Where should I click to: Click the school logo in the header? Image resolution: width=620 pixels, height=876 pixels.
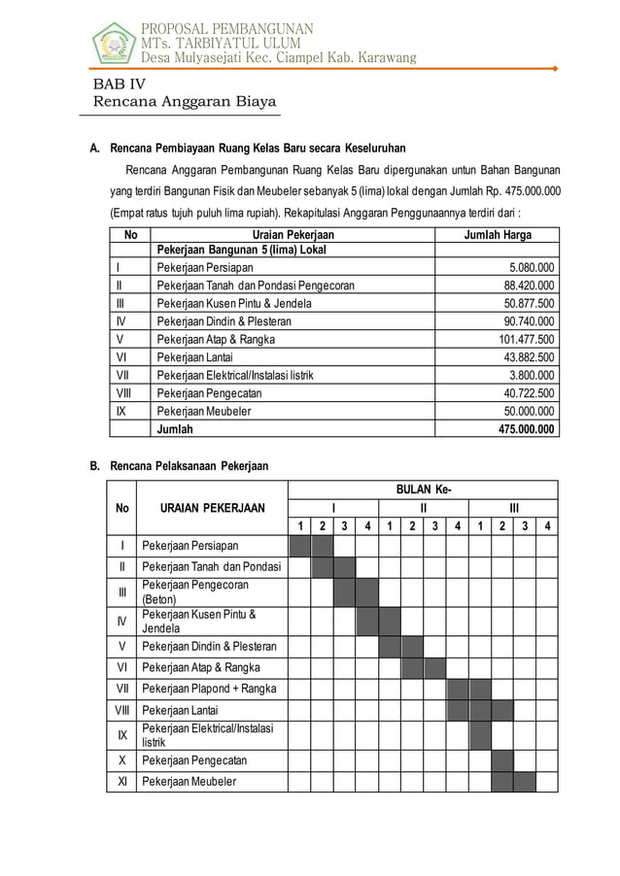coord(114,43)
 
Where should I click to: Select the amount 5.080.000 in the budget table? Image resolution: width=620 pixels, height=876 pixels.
coord(532,268)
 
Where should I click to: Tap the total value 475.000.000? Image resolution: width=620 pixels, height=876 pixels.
coord(526,428)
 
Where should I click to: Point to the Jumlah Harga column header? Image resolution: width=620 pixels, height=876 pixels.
coord(497,235)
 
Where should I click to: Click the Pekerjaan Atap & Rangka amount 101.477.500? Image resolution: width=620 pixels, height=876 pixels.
coord(526,340)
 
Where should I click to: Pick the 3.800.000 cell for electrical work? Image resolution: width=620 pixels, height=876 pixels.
coord(533,375)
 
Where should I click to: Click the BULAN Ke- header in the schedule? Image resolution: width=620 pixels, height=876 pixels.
coord(423,489)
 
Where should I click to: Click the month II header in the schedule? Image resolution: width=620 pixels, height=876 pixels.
coord(423,508)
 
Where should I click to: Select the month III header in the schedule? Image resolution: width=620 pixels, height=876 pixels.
coord(513,508)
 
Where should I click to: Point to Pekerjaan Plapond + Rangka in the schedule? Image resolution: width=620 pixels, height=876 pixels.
coord(209,689)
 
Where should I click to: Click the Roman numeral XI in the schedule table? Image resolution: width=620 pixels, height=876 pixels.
coord(121,781)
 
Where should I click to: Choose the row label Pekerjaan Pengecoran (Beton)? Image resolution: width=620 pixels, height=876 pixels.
coord(195,591)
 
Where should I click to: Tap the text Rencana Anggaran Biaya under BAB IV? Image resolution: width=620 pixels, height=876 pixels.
coord(184,102)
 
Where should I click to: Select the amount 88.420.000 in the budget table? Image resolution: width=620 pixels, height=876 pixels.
coord(529,286)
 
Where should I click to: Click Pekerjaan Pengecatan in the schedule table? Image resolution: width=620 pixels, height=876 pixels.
coord(194,759)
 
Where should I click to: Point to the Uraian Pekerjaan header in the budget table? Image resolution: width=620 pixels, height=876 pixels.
coord(293,235)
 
